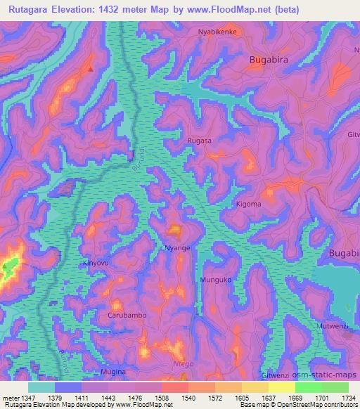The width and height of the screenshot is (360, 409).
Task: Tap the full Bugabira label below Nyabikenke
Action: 269,60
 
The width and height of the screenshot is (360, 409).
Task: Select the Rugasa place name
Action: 199,141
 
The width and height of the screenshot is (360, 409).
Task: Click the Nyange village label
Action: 176,248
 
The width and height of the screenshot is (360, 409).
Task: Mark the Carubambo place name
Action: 127,316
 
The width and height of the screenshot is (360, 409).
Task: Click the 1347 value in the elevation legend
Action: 22,397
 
